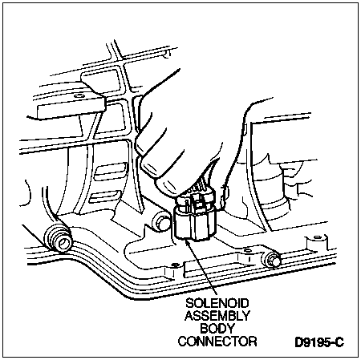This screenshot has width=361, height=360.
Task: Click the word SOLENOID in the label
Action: pyautogui.click(x=217, y=303)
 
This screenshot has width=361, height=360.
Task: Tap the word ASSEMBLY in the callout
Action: pyautogui.click(x=217, y=316)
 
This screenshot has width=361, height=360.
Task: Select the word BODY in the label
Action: pyautogui.click(x=217, y=329)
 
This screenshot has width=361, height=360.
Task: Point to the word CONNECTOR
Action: pyautogui.click(x=217, y=342)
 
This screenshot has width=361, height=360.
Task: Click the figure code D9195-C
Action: pyautogui.click(x=319, y=342)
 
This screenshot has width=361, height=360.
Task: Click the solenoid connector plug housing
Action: pyautogui.click(x=195, y=218)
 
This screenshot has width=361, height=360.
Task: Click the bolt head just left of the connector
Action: pyautogui.click(x=161, y=222)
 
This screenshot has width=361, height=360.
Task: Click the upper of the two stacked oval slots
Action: pyautogui.click(x=110, y=172)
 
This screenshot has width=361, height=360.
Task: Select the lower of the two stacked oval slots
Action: pyautogui.click(x=106, y=197)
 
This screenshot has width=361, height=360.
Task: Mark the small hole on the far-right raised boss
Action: pyautogui.click(x=317, y=237)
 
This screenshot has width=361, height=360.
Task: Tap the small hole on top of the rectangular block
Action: pyautogui.click(x=78, y=95)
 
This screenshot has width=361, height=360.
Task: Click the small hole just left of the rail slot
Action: pyautogui.click(x=175, y=265)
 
